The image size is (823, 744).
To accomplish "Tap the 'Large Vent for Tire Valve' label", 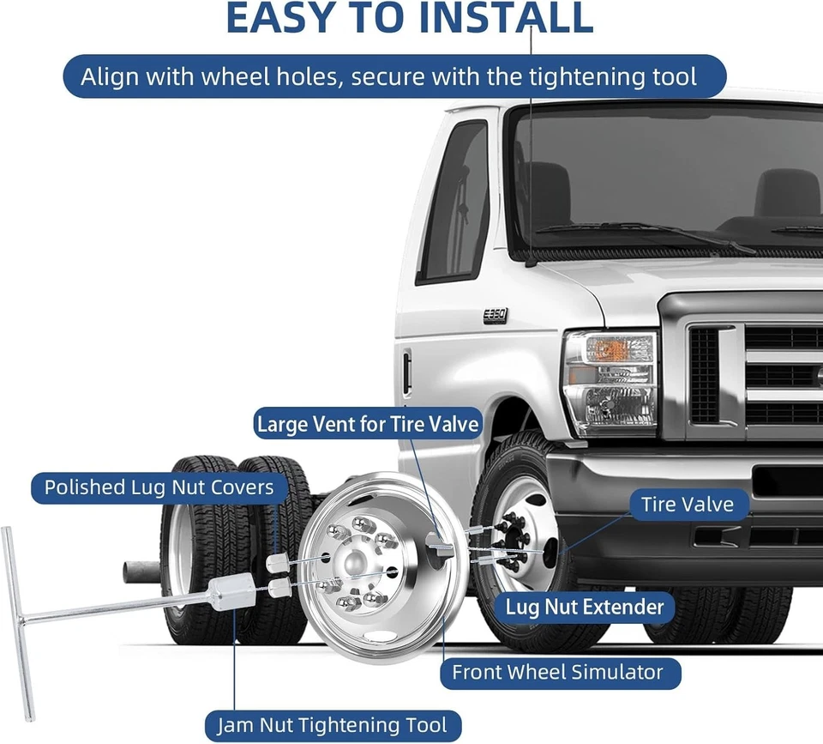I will click(x=368, y=424).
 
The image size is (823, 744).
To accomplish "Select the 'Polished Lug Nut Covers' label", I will click(x=159, y=487).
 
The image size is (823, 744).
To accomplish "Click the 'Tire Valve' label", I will click(x=687, y=504).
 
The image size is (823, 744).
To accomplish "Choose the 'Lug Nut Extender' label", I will click(x=585, y=608).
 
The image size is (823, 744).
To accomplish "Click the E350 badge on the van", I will click(x=495, y=315).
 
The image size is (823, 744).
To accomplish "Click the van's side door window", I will click(x=454, y=202).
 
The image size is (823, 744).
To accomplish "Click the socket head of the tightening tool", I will click(x=231, y=592).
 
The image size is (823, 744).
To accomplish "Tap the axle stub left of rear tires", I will click(x=141, y=572).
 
